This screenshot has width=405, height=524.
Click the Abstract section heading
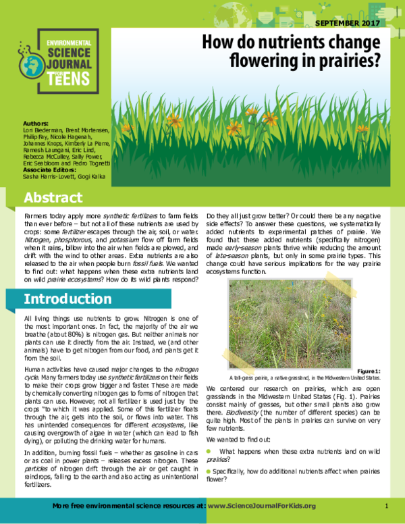pyautogui.click(x=53, y=198)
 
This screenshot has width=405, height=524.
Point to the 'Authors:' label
pyautogui.click(x=35, y=124)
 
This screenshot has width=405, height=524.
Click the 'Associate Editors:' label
pyautogui.click(x=48, y=170)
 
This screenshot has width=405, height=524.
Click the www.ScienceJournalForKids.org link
pyautogui.click(x=264, y=506)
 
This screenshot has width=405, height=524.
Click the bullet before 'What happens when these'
pyautogui.click(x=209, y=449)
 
